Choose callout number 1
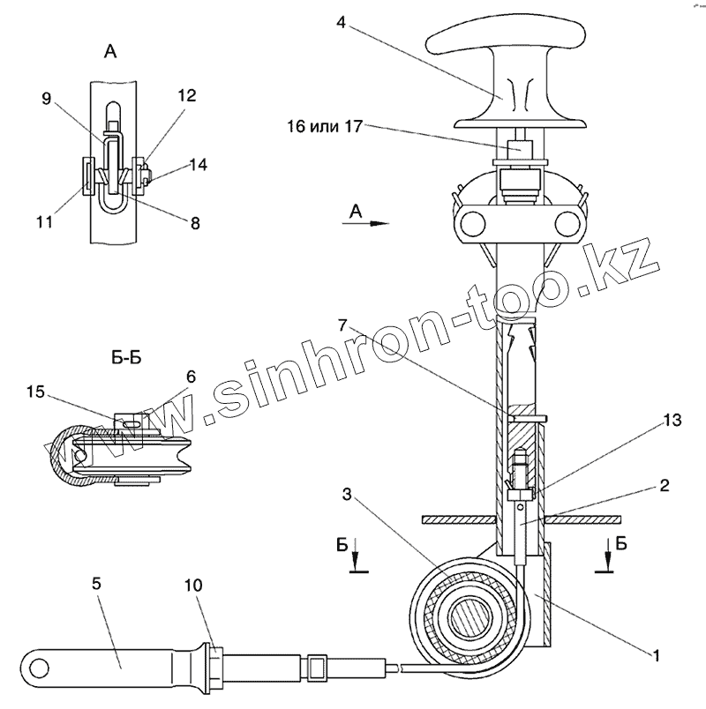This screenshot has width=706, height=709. click(x=656, y=653)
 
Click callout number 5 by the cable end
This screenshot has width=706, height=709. click(x=96, y=583)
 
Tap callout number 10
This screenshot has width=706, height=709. click(x=192, y=585)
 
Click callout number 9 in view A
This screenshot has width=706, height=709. click(x=47, y=100)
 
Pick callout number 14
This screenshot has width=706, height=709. click(x=198, y=164)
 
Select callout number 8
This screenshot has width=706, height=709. click(x=195, y=223)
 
